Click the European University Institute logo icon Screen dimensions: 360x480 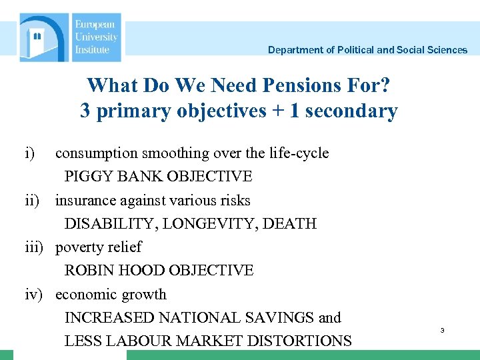(x=44, y=37)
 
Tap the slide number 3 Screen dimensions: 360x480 (x=441, y=331)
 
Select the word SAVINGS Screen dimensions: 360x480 (x=272, y=318)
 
